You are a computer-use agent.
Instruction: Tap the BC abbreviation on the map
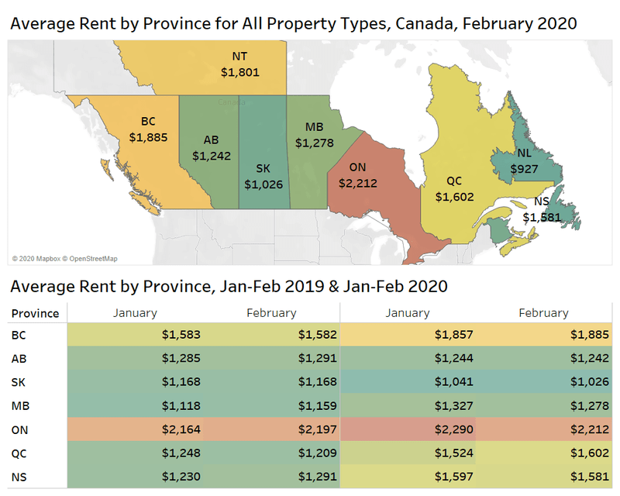click(x=149, y=122)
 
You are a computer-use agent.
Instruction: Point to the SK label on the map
click(x=263, y=168)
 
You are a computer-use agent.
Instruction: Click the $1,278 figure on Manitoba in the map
click(x=314, y=143)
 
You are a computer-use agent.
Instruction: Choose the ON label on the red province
click(x=358, y=167)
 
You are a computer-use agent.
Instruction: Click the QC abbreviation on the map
click(x=454, y=181)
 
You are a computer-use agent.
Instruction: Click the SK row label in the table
click(x=21, y=383)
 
